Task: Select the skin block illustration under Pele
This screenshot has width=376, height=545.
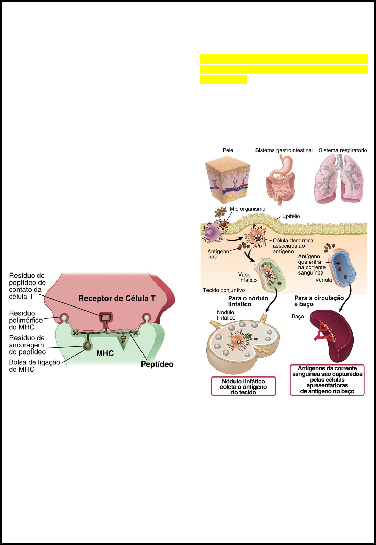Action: coord(228,179)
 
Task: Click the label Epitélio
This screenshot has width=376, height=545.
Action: coord(291,216)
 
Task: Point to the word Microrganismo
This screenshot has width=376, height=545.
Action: coord(247,209)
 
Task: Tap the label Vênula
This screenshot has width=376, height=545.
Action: coord(323,280)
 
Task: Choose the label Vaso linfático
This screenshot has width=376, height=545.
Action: coord(247,277)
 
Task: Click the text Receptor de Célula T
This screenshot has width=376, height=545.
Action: coord(117,298)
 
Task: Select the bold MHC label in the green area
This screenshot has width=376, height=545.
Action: coord(105,353)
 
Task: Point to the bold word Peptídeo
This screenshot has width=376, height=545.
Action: coord(157,364)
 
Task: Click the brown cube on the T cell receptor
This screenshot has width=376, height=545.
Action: coord(106,317)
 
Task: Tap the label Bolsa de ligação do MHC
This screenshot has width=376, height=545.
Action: coord(34,366)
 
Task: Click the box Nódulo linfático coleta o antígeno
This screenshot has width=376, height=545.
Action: coord(243,386)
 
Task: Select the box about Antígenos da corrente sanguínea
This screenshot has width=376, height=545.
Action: coord(327,380)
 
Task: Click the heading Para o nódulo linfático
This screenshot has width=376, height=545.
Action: coord(248,301)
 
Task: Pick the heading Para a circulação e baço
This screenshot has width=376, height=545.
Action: coord(319,301)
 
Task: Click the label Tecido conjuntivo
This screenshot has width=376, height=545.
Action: coord(224,290)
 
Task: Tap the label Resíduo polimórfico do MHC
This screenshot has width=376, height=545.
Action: coord(26,320)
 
